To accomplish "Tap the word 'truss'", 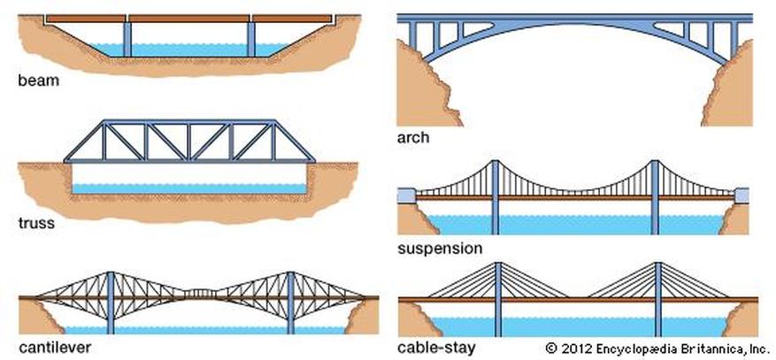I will pos(36,223).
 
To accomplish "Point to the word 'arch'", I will pos(413,138).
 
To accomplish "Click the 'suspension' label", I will pos(440,249).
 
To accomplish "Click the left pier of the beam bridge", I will pos(127,38).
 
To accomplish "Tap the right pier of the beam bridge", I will pos(251,38).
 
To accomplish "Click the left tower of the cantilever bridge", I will pos(111,301).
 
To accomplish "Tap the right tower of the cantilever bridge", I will pos(290,301).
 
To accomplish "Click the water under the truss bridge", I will pos(190,188).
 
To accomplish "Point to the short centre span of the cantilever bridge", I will pos(201,293).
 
